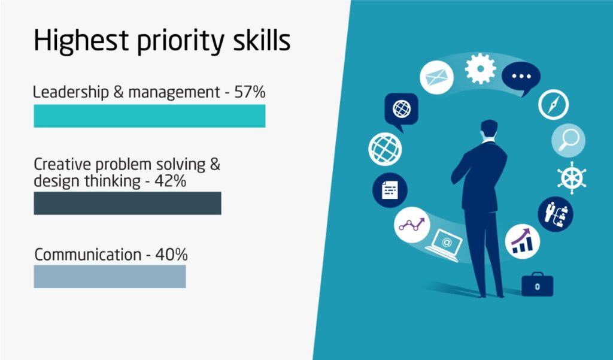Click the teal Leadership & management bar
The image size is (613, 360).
(x=149, y=116)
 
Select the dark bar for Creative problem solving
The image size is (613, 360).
(x=128, y=203)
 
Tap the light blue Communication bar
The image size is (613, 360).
(x=110, y=277)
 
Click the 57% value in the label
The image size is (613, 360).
(x=250, y=92)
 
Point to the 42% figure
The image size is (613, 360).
(x=170, y=181)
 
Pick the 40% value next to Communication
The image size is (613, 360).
(x=171, y=255)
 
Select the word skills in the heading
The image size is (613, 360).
(x=262, y=40)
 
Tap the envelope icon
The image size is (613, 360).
(x=436, y=77)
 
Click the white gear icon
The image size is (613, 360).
(x=481, y=69)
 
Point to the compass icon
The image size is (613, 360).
(x=553, y=104)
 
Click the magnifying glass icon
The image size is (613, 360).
(x=569, y=141)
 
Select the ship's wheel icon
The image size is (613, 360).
(x=572, y=178)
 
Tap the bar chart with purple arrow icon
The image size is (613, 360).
(x=522, y=241)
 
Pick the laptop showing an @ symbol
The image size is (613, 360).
(x=444, y=246)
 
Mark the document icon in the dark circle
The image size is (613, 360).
(x=390, y=190)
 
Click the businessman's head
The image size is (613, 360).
(x=489, y=129)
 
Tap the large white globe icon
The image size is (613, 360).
(x=385, y=149)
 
